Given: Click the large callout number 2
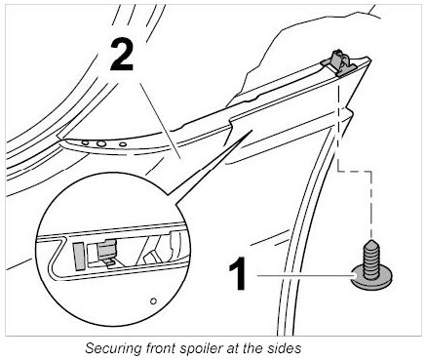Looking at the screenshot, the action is click(122, 55).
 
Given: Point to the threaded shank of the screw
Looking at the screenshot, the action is click(369, 259).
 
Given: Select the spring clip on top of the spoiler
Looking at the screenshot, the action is click(339, 62).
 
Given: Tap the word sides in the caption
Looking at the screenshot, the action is click(285, 348).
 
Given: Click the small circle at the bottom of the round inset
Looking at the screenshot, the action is click(154, 300).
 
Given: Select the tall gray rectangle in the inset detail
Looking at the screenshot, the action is click(79, 256).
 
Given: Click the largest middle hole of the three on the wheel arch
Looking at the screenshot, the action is click(101, 143).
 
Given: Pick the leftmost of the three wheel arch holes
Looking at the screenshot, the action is click(85, 142).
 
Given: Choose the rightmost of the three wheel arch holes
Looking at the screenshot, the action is click(123, 144).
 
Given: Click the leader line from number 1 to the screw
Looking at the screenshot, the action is click(305, 275).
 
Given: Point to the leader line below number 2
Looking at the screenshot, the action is click(160, 121).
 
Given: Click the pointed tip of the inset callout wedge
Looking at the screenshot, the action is click(252, 131).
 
